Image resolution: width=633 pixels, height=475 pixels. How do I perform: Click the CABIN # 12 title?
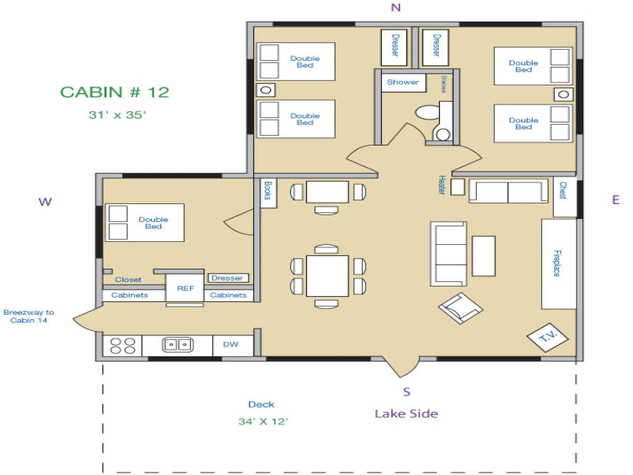(x=114, y=92)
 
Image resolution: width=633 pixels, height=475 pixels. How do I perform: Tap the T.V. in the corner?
(x=543, y=336)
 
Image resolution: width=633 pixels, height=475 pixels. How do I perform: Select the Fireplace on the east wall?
(x=559, y=263)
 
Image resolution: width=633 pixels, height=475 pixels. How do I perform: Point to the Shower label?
(x=402, y=82)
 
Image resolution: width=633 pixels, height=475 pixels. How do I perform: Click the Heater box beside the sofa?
(x=457, y=187)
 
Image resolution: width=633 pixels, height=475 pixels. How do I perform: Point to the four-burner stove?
(x=122, y=345)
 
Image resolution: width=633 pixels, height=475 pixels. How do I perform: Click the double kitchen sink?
(x=177, y=345)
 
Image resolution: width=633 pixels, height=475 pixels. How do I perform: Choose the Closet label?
(x=128, y=280)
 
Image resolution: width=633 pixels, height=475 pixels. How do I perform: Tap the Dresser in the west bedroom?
(x=227, y=278)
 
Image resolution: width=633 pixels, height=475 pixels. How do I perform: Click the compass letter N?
(x=396, y=7)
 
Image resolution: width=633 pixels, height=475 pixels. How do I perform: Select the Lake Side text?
(x=406, y=414)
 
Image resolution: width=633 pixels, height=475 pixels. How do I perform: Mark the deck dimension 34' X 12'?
(x=263, y=422)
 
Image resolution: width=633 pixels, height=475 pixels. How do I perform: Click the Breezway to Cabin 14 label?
(x=28, y=317)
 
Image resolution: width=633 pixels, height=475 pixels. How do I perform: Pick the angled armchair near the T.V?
(x=461, y=307)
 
